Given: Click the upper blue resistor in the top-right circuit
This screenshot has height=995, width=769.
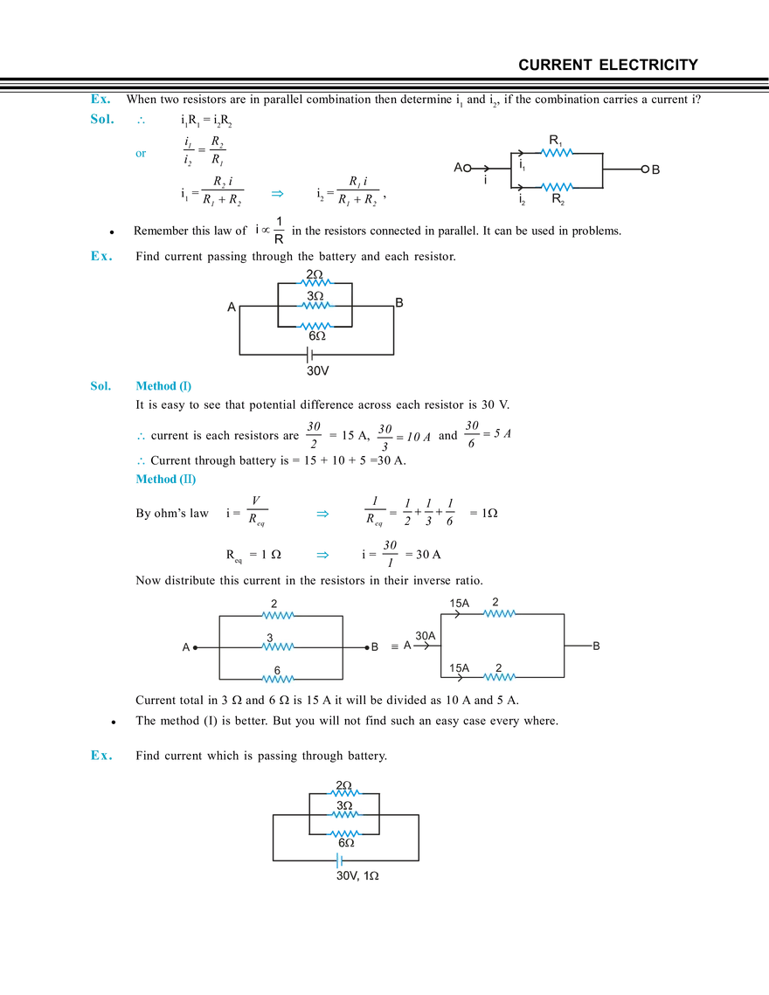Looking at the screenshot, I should click(556, 153).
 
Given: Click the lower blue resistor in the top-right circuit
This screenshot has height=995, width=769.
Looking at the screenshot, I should click(556, 186).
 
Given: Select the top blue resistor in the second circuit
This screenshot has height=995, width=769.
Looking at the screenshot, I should click(315, 283).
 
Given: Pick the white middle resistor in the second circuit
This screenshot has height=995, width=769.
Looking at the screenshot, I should click(315, 307).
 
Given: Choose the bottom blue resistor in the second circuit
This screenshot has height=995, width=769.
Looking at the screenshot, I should click(315, 326).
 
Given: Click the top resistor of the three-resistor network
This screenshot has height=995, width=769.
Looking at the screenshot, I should click(280, 615).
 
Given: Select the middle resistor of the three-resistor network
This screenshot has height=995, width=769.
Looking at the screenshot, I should click(280, 647).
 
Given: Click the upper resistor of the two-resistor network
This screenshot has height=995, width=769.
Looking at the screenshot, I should click(499, 613).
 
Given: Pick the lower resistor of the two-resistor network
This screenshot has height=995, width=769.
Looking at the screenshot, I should click(499, 675).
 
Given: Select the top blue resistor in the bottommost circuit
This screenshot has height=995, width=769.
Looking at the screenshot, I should click(346, 793).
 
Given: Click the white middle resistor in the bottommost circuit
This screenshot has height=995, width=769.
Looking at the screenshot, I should click(346, 814).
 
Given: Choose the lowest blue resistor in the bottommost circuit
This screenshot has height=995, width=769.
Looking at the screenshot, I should click(346, 835).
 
